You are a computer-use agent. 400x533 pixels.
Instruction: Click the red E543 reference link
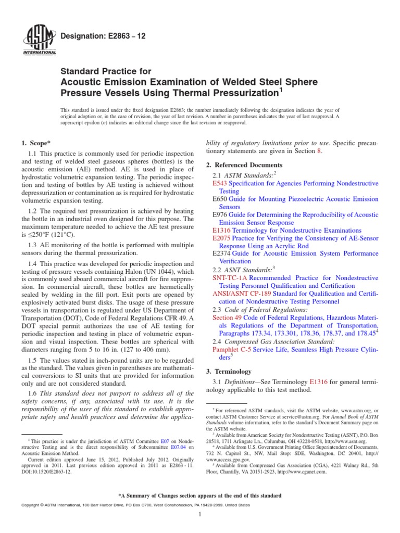(x=220, y=184)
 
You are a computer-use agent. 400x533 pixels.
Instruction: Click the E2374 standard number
(x=222, y=253)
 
